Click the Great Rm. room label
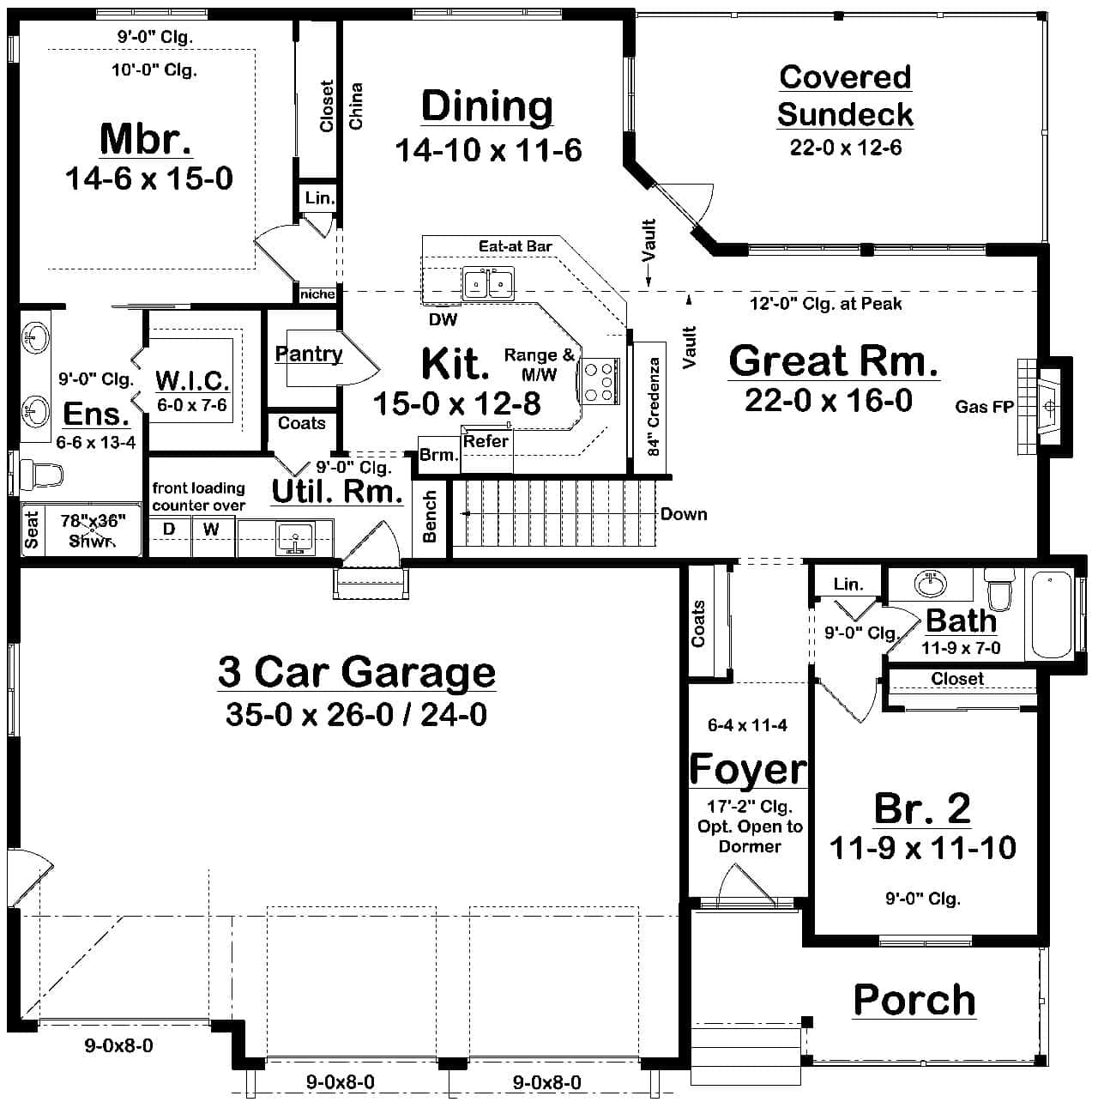[x=834, y=360]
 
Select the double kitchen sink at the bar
[x=488, y=283]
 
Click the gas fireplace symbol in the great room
[x=1044, y=405]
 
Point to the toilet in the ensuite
[x=41, y=474]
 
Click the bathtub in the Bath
[x=1051, y=615]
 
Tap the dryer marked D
[x=169, y=536]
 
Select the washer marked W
[x=212, y=536]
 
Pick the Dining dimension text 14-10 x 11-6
[x=488, y=150]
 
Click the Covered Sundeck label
[x=845, y=95]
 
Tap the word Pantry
[x=309, y=354]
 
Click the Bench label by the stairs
[x=429, y=517]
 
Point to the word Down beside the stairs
[x=684, y=514]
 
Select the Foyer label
[x=748, y=769]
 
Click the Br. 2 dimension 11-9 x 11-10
[x=922, y=847]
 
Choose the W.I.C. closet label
[x=192, y=379]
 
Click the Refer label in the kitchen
[x=486, y=441]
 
